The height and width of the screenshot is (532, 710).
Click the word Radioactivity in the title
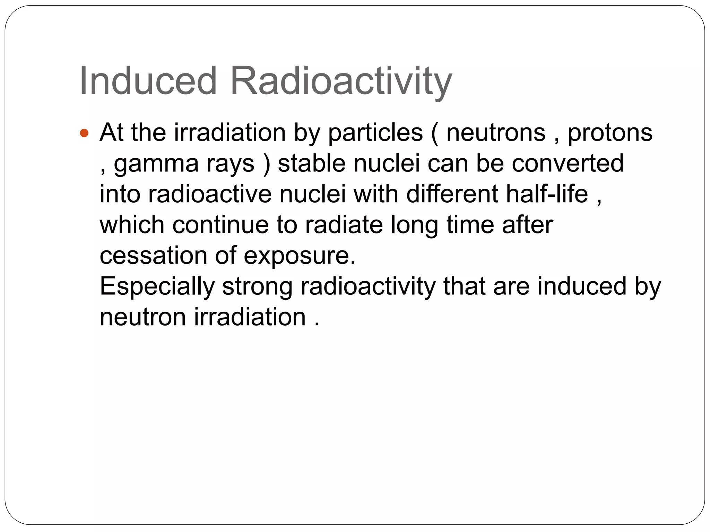coord(341,81)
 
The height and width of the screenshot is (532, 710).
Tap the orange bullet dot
coord(84,133)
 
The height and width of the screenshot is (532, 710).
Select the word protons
coord(610,133)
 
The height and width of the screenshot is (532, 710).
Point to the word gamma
coord(156,164)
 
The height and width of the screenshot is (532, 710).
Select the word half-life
coord(547,194)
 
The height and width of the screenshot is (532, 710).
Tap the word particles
coord(375,133)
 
